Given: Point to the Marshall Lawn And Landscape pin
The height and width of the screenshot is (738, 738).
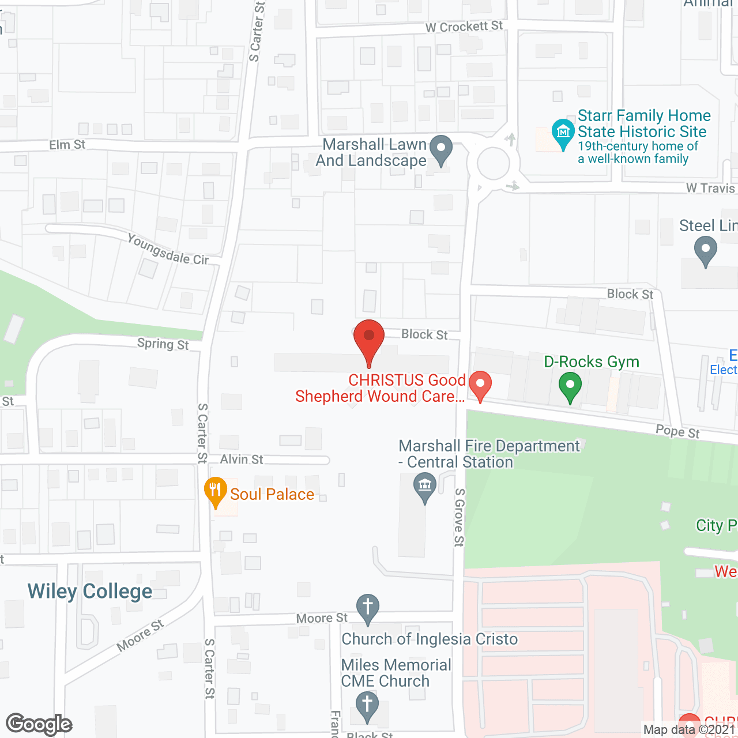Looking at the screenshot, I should coord(441,149).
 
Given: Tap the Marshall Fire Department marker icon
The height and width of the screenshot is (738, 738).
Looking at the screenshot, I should coord(425,486).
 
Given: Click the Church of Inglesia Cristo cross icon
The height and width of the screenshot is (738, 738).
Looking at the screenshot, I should coord(367,608).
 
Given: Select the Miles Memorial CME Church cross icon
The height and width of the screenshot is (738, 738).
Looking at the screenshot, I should coord(367,705).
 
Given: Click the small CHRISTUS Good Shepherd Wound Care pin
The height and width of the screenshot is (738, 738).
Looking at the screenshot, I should coord(480,385).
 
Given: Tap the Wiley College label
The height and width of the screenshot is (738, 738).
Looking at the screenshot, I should coord(90,592).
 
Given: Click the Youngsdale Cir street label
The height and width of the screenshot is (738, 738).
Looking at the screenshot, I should coord(168,250).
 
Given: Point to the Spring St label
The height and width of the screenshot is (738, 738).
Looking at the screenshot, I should coord(163,344).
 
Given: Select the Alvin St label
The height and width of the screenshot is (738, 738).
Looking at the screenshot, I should coord(242,460).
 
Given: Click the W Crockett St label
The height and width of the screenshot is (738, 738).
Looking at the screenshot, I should coord(464,27).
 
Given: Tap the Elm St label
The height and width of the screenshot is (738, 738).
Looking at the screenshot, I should coord(67,145).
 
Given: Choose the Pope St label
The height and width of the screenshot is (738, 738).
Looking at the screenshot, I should coord(677,432).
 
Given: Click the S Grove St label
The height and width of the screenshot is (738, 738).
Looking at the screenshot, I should coord(459,517).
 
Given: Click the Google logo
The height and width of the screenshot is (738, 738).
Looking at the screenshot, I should coord(39,724).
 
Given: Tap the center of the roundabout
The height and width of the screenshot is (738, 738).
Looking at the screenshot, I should coord(493,164).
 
